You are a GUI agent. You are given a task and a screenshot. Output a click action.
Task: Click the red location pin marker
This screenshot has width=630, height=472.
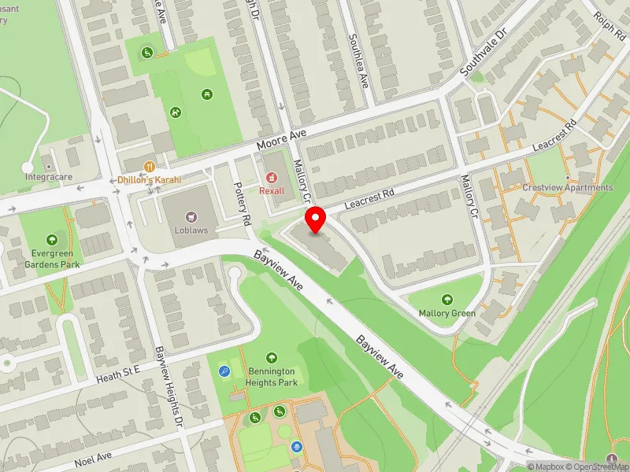point(316,219)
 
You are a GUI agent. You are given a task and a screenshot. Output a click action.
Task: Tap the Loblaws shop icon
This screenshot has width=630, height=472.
point(190,216)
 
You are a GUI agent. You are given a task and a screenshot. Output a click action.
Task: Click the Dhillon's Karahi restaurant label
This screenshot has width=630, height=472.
point(150,180)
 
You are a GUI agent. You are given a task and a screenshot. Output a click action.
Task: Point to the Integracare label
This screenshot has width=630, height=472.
point(48,177)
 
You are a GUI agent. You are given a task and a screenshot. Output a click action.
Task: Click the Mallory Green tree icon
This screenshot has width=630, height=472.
point(447,300)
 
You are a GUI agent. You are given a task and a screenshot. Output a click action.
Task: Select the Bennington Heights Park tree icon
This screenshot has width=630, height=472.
point(272,358)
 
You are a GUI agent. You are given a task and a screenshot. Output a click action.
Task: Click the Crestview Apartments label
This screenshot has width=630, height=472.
point(567,188)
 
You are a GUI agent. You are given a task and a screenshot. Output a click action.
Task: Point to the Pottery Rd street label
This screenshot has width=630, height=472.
point(242,205)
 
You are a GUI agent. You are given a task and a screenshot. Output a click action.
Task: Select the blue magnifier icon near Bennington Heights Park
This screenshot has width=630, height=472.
point(225,372)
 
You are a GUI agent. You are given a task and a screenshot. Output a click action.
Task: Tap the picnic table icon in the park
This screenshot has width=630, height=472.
point(206,94)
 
